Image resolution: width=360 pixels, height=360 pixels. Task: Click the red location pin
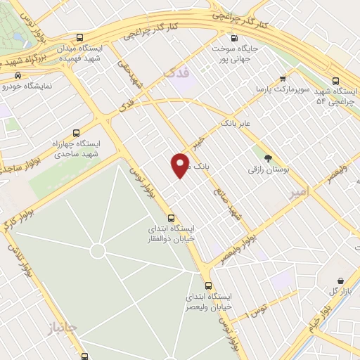(x=181, y=164)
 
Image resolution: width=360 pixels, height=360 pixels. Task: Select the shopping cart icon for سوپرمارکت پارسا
(x=282, y=79)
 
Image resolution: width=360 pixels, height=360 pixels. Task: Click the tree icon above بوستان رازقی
(x=267, y=158)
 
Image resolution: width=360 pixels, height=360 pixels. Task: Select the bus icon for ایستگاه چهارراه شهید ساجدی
(x=77, y=131)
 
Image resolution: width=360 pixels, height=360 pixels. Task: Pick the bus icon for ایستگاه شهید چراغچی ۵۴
(x=336, y=81)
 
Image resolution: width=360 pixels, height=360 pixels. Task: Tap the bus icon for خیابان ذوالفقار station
(x=171, y=217)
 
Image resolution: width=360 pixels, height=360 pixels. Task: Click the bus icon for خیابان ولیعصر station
(x=208, y=285)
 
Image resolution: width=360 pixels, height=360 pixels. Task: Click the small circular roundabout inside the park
(x=98, y=250)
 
